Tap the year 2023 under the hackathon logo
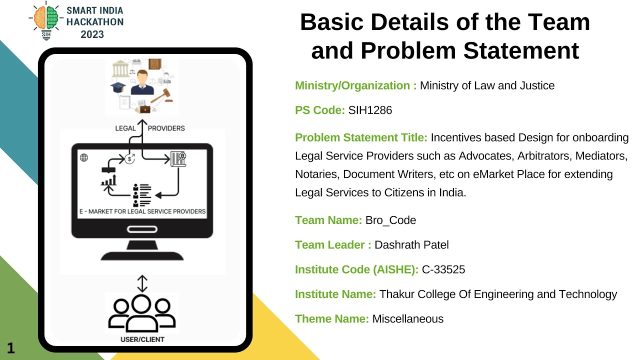(92, 34)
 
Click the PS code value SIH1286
(370, 110)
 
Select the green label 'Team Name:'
(328, 220)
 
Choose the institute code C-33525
(443, 270)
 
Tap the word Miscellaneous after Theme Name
(407, 319)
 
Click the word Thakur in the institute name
(395, 294)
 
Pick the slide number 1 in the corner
(10, 348)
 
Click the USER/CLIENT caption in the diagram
(142, 339)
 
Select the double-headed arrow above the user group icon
(142, 283)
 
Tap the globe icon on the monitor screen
(84, 158)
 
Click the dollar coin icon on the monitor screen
(130, 159)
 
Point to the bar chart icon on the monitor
(108, 179)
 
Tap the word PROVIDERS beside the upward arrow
(166, 128)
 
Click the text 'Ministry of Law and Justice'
(487, 85)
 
